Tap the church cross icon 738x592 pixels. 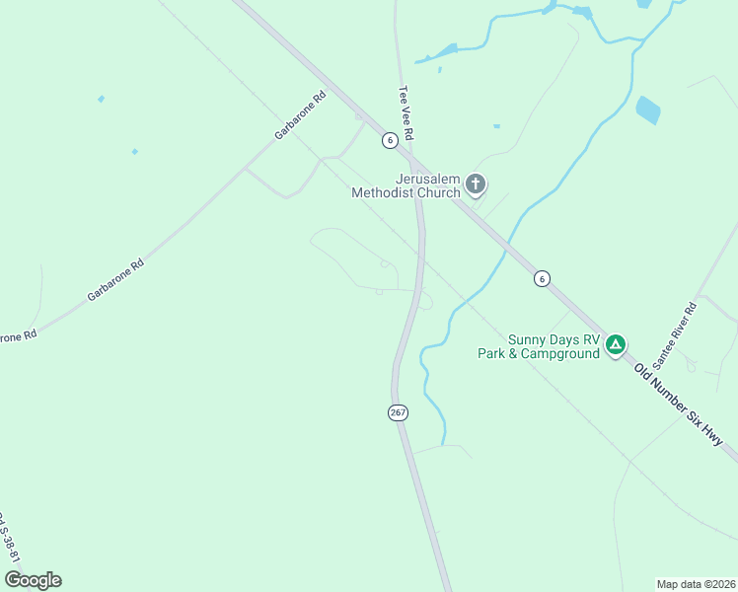point(476,184)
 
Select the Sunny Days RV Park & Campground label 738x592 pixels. point(539,345)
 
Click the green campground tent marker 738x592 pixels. point(616,344)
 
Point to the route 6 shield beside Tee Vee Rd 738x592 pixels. point(391,140)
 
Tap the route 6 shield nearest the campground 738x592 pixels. point(542,279)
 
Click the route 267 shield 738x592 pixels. point(398,412)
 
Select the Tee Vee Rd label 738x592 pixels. point(405,111)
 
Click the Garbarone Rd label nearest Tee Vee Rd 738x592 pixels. point(301,115)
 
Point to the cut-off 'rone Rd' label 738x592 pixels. point(17,336)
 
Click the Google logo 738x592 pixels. point(33,580)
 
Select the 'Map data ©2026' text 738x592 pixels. point(696,583)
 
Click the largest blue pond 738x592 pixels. point(648,111)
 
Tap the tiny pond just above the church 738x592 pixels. point(495,126)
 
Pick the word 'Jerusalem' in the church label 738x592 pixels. point(428,179)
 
